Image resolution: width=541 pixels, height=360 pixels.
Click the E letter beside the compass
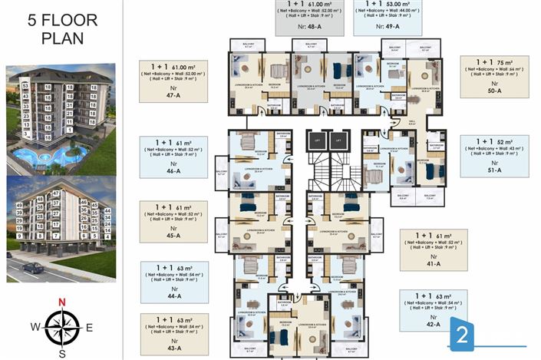coord(90,327)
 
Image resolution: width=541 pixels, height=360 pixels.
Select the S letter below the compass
coord(62,353)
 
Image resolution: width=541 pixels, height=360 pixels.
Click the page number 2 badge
coord(463,335)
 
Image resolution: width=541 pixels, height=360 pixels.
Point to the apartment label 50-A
coord(494,91)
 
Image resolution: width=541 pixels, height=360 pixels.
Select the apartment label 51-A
coord(494,169)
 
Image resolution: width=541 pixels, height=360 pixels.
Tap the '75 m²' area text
coord(505,62)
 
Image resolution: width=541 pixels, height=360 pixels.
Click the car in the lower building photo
coord(33,268)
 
